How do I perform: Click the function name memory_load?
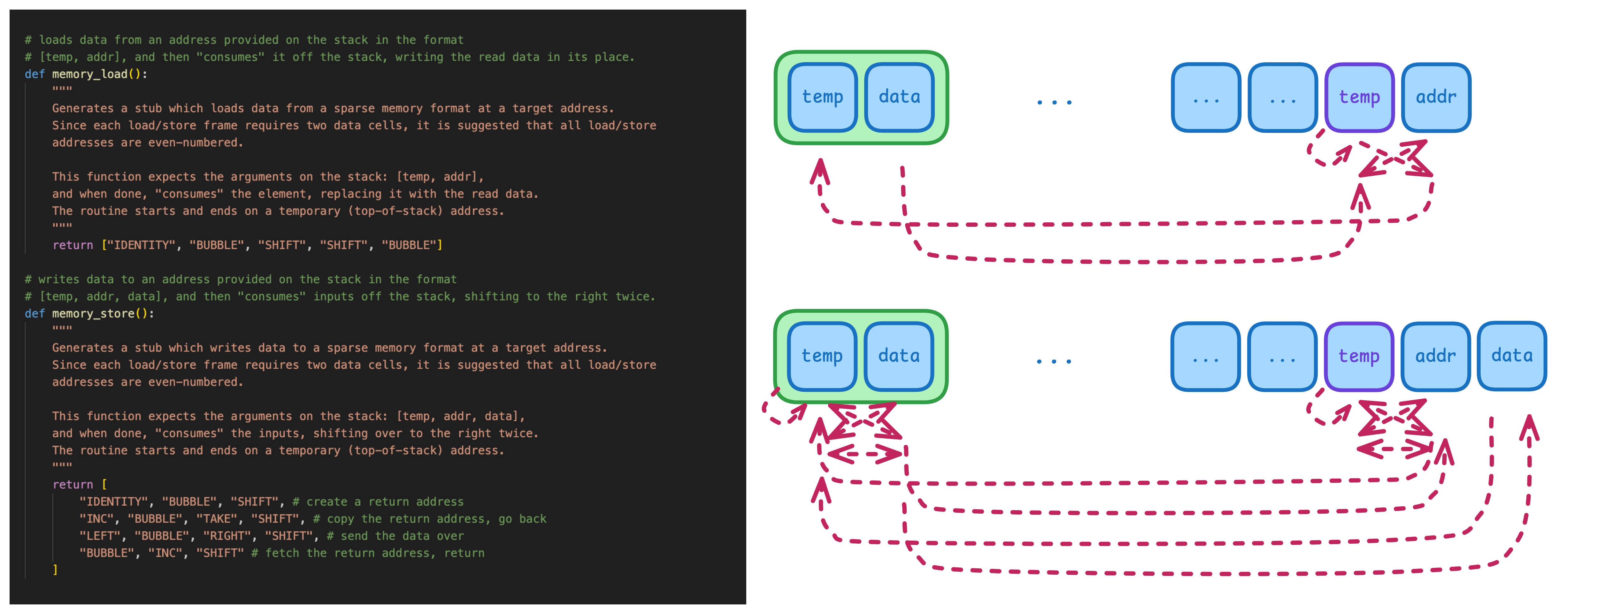point(89,74)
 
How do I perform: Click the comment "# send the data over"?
point(395,536)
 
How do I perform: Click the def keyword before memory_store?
point(35,313)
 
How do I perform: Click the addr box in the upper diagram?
point(1436,97)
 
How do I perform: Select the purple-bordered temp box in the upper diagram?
point(1359,97)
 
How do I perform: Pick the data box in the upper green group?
point(899,97)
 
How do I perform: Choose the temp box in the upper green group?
point(823,97)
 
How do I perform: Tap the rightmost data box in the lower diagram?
point(1512,356)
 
